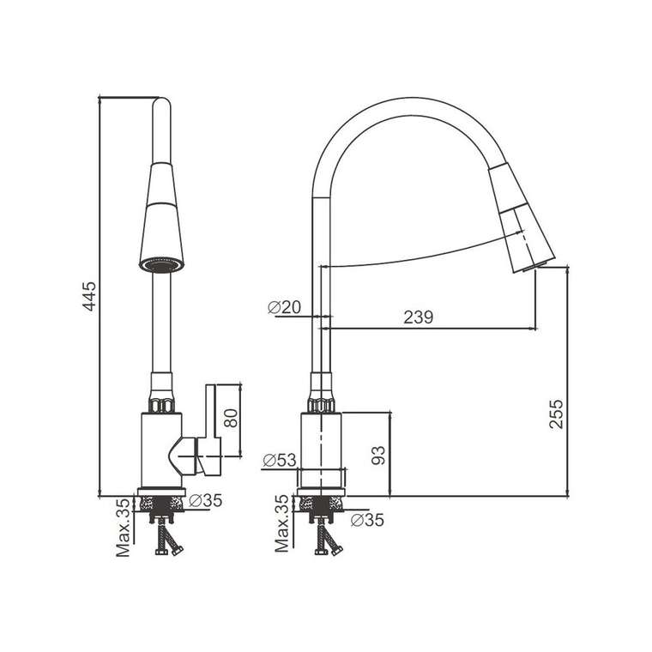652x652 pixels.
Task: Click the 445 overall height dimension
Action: pyautogui.click(x=89, y=296)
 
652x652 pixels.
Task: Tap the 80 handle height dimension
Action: pyautogui.click(x=231, y=419)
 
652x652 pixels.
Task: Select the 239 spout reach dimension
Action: pyautogui.click(x=419, y=317)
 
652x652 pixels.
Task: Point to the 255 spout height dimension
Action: pyautogui.click(x=556, y=414)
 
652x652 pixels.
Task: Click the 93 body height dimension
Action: pyautogui.click(x=378, y=456)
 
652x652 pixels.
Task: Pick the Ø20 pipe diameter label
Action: pyautogui.click(x=284, y=307)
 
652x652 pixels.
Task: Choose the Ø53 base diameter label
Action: pyautogui.click(x=280, y=461)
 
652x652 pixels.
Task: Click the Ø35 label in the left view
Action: pyautogui.click(x=205, y=501)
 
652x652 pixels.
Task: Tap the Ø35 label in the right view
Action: pyautogui.click(x=367, y=520)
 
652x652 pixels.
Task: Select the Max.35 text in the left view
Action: pyautogui.click(x=123, y=528)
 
